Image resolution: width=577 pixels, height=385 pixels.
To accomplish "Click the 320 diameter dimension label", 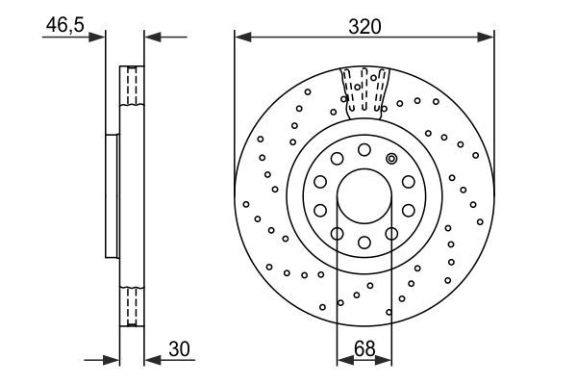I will pyautogui.click(x=364, y=27).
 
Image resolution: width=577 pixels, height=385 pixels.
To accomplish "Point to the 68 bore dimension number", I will pyautogui.click(x=364, y=349).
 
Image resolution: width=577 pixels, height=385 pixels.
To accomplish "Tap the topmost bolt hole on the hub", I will pyautogui.click(x=364, y=149).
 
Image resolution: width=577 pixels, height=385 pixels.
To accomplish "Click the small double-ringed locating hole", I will pyautogui.click(x=391, y=159).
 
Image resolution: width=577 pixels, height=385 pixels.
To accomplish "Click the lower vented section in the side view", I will pyautogui.click(x=131, y=306).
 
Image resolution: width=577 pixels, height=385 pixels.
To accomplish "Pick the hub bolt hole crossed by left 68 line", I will pyautogui.click(x=338, y=233).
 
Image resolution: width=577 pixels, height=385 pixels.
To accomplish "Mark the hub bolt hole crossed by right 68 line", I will pyautogui.click(x=391, y=233).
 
